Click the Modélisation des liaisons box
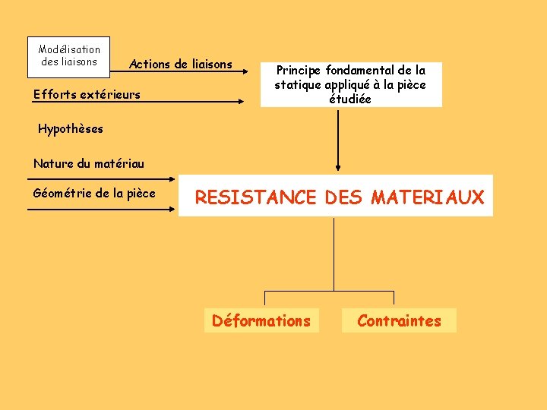point(69,56)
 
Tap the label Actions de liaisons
point(181,65)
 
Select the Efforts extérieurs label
point(87,95)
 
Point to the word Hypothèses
point(71,129)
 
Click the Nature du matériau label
point(89,163)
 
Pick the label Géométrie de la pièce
point(94,193)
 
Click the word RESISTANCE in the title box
point(255,198)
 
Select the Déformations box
point(261,321)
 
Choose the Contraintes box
point(399,321)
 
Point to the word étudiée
point(350,99)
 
